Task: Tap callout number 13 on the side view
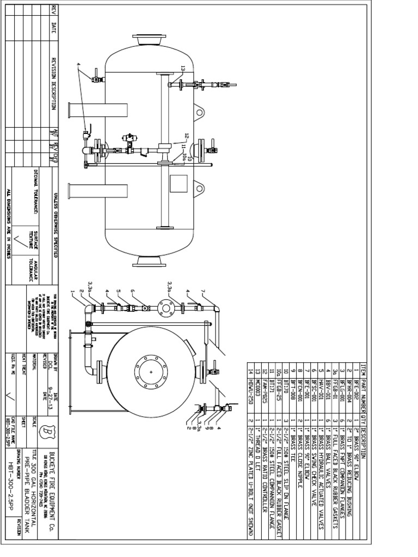point(183,69)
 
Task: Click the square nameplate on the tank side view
point(179,183)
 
